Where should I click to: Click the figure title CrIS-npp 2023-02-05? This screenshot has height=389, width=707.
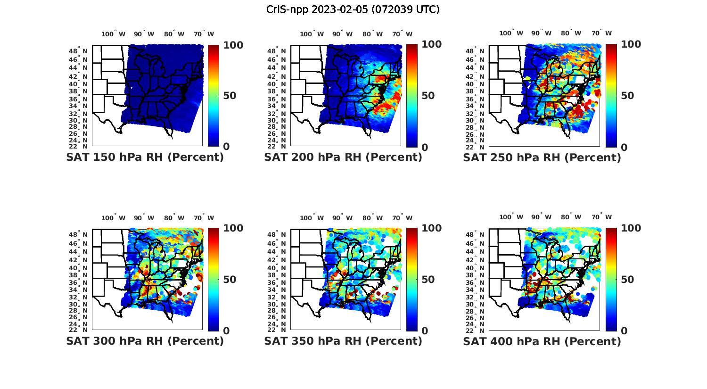[353, 9]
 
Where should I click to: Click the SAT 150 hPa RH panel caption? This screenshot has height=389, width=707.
[145, 157]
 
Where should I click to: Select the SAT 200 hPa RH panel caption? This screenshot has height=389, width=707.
[343, 157]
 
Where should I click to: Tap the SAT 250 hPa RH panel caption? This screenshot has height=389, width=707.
[542, 157]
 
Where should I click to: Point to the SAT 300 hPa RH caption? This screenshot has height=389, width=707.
[145, 340]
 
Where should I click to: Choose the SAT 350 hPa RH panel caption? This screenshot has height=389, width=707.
[343, 340]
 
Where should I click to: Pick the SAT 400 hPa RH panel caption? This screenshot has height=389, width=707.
[542, 341]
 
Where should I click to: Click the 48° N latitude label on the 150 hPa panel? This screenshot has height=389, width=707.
[78, 50]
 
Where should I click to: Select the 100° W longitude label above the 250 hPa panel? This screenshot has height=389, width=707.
[511, 33]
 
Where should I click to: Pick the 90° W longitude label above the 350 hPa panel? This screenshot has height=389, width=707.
[343, 218]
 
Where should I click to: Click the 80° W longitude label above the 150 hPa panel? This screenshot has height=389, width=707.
[174, 34]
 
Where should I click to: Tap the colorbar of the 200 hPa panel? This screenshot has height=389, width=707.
[412, 96]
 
